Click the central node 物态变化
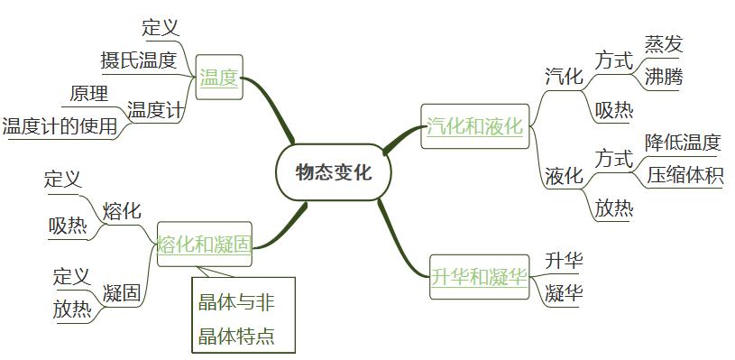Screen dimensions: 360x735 pos(333,172)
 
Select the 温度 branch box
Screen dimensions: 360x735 pos(218,78)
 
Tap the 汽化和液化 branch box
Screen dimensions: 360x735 pos(474,126)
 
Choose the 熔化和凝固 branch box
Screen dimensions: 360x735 pos(204,244)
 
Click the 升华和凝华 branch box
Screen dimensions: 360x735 pos(478,276)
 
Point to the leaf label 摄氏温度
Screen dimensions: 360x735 pos(138,60)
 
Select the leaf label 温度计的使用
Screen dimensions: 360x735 pos(60,126)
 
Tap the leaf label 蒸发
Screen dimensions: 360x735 pos(664,43)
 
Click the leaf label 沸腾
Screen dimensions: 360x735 pos(664,77)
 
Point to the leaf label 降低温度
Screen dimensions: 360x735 pos(683,142)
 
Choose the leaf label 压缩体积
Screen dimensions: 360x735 pos(685,175)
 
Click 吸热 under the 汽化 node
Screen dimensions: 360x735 pos(614,110)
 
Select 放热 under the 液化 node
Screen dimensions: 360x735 pos(614,208)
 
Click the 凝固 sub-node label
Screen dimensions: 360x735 pos(121,292)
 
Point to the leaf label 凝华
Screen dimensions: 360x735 pos(564,293)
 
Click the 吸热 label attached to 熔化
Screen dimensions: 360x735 pos(69,226)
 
